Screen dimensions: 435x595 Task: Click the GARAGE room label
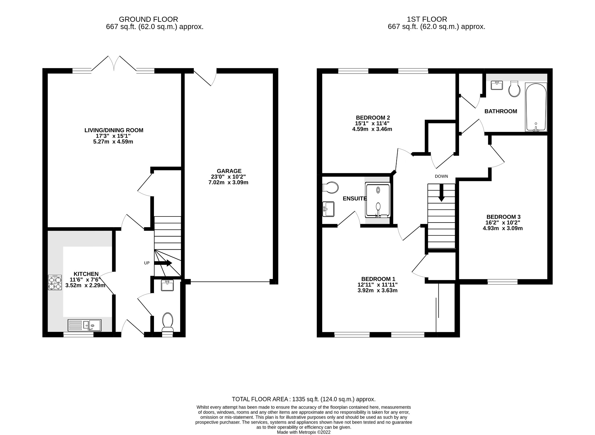229,171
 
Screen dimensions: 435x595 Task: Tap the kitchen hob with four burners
55,282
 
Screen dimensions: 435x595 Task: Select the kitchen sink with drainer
85,325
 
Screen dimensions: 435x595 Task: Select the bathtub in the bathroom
536,107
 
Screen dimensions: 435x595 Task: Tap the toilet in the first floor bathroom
514,89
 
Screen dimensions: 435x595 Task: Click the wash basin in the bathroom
497,85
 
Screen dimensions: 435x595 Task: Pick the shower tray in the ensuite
377,201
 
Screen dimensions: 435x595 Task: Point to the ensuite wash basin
328,209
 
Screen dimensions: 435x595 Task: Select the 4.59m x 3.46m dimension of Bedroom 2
372,129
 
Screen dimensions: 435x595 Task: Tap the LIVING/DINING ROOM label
114,130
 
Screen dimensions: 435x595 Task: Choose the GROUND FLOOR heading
148,19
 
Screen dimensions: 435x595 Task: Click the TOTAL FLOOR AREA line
303,399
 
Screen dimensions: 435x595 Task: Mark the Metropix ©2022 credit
303,432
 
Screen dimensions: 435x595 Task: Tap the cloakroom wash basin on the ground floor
167,285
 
